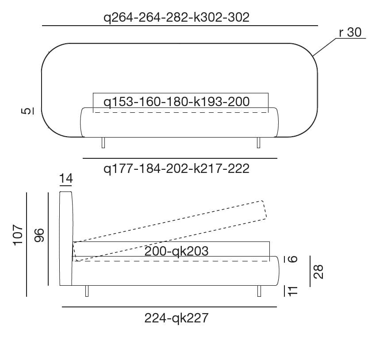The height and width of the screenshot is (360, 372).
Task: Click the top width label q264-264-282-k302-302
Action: (176, 17)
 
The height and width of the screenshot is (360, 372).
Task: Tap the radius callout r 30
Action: (350, 33)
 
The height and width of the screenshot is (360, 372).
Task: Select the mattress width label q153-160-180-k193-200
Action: (176, 102)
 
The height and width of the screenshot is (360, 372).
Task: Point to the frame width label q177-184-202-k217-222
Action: (176, 169)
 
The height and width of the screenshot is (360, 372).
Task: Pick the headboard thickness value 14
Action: (65, 179)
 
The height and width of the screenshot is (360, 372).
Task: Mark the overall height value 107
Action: (18, 235)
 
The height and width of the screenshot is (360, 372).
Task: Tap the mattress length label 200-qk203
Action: (176, 251)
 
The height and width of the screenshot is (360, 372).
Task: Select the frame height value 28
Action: (318, 271)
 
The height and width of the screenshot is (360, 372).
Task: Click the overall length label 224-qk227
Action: (176, 318)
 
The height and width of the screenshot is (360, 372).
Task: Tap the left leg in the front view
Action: (104, 142)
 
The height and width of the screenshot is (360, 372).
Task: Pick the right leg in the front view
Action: (258, 142)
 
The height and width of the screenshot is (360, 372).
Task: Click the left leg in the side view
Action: (87, 291)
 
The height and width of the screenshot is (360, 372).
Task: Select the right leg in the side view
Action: (258, 291)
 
